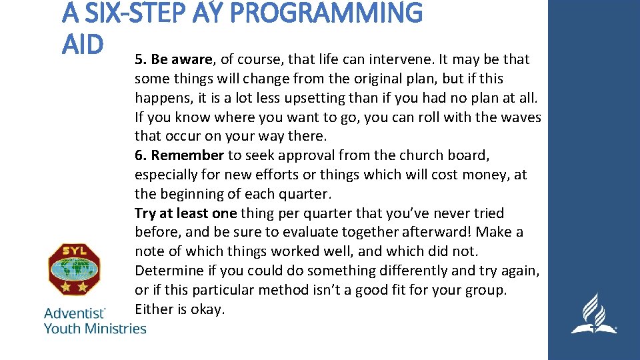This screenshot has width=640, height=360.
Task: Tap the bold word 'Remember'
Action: pos(187,155)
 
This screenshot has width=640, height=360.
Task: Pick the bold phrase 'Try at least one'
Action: pos(186,213)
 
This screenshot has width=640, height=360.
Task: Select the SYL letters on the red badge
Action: pos(74,253)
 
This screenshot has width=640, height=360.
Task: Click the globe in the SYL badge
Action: pos(74,269)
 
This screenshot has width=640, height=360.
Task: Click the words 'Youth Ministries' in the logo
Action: pos(95,328)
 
